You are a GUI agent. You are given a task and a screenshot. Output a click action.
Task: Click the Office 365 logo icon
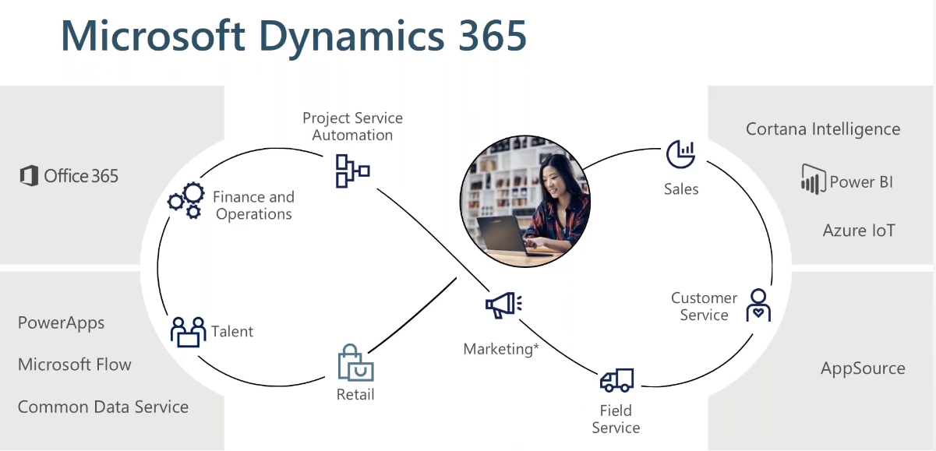pyautogui.click(x=29, y=176)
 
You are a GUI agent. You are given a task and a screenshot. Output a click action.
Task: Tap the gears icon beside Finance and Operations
pyautogui.click(x=185, y=200)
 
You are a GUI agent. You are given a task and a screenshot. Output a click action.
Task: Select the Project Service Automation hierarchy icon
pyautogui.click(x=351, y=171)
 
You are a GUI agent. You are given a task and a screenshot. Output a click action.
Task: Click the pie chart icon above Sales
pyautogui.click(x=680, y=154)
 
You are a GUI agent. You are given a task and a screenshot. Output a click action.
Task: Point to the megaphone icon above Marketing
pyautogui.click(x=503, y=305)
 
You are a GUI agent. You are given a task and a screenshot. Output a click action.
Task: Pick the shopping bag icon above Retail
pyautogui.click(x=355, y=363)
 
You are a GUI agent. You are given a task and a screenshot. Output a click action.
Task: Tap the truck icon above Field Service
pyautogui.click(x=616, y=380)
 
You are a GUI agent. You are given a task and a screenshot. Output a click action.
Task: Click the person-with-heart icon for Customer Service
pyautogui.click(x=758, y=305)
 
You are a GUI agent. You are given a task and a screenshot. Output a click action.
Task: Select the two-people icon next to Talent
pyautogui.click(x=188, y=332)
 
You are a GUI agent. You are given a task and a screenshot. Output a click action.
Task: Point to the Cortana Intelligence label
pyautogui.click(x=823, y=129)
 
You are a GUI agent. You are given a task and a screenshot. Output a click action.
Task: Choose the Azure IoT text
pyautogui.click(x=859, y=231)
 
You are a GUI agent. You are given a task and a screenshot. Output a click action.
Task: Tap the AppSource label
pyautogui.click(x=863, y=368)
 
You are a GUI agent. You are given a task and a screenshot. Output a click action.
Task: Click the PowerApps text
pyautogui.click(x=61, y=323)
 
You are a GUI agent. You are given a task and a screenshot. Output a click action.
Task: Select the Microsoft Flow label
pyautogui.click(x=75, y=365)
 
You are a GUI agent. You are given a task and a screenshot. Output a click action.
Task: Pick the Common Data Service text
pyautogui.click(x=103, y=407)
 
